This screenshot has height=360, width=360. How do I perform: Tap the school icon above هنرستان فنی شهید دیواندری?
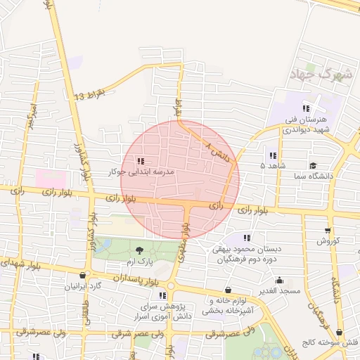pyautogui.click(x=306, y=108)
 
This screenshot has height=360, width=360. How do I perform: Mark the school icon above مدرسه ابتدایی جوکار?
pyautogui.click(x=141, y=161)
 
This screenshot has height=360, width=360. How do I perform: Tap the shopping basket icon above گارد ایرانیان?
pyautogui.click(x=84, y=275)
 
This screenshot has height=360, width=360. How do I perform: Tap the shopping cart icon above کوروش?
pyautogui.click(x=327, y=230)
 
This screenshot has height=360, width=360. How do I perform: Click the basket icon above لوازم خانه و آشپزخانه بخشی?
pyautogui.click(x=227, y=290)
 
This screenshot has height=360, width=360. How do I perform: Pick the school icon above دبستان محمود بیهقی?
pyautogui.click(x=246, y=238)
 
